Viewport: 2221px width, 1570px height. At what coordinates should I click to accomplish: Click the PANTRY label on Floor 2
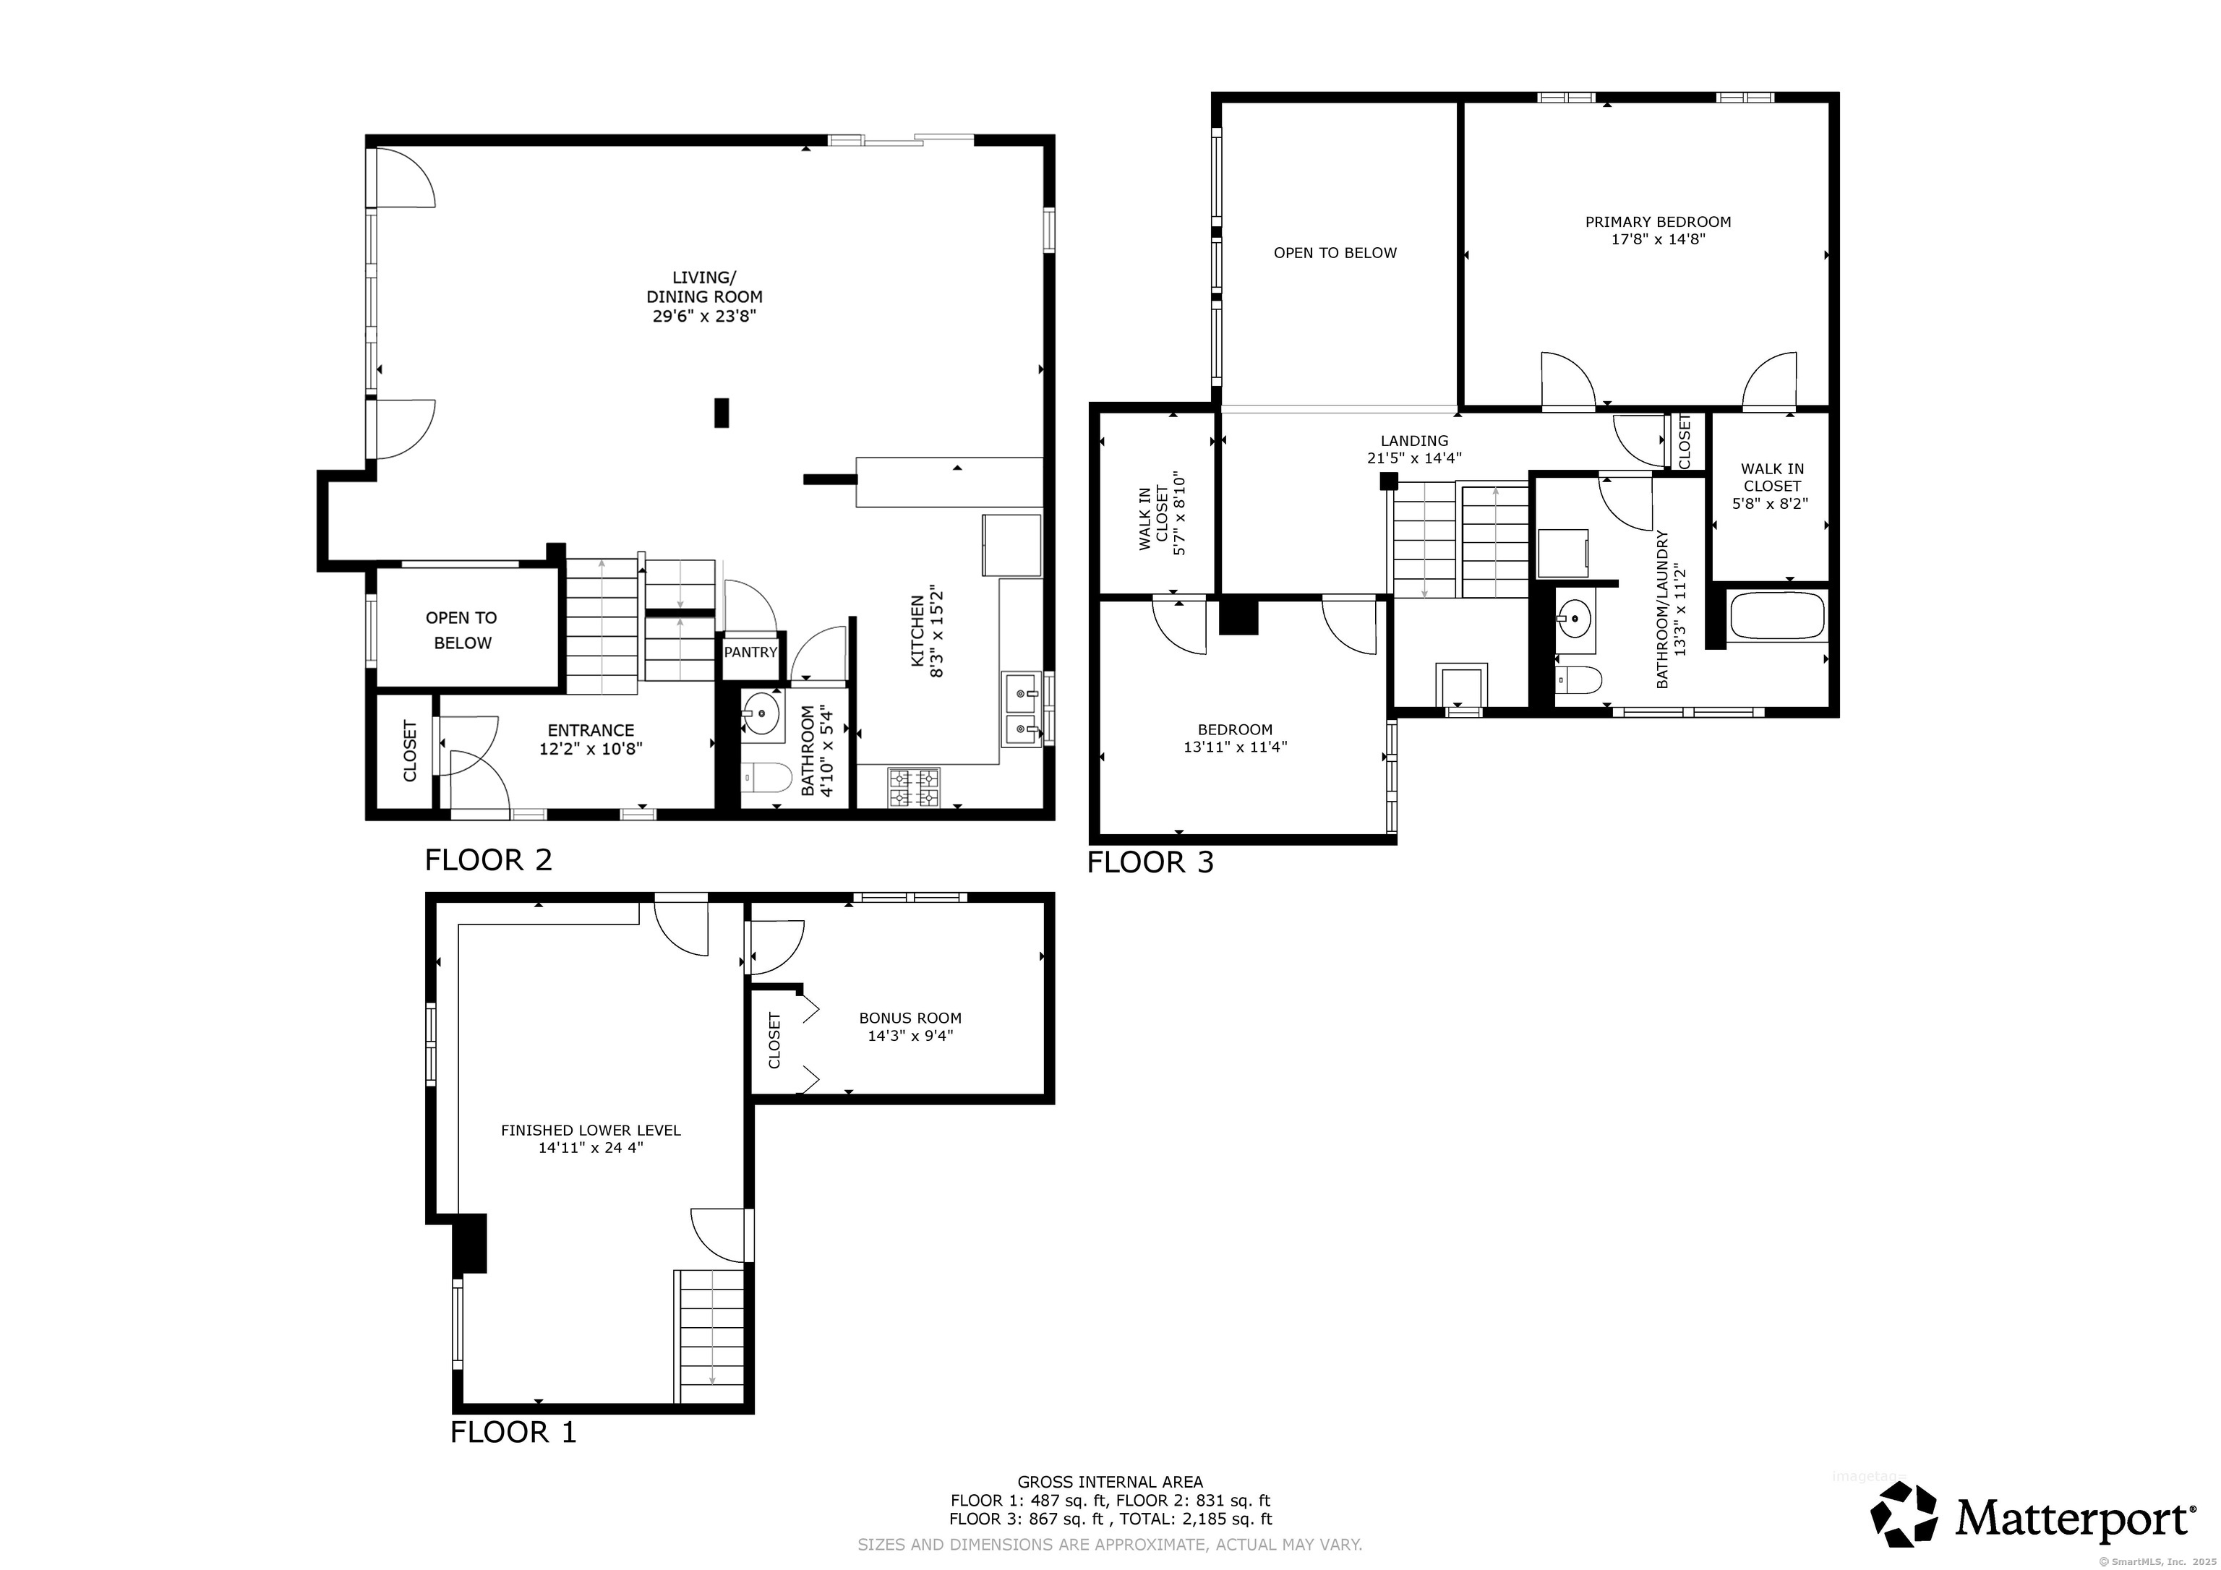click(750, 652)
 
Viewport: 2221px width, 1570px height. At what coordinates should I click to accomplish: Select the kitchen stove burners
click(913, 786)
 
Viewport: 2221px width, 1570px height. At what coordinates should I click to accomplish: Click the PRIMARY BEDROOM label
click(1658, 221)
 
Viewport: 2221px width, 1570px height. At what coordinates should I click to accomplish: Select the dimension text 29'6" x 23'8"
click(703, 315)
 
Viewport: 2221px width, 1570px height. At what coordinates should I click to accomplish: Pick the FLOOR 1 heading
click(513, 1432)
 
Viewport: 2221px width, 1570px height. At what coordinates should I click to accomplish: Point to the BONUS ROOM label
click(910, 1018)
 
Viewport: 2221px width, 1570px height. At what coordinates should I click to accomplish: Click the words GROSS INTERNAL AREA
click(1110, 1481)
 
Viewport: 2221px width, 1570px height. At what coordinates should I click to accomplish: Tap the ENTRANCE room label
click(591, 730)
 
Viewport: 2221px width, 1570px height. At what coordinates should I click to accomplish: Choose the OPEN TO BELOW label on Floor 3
click(1335, 252)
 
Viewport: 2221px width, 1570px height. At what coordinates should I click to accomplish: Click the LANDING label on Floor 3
click(1414, 440)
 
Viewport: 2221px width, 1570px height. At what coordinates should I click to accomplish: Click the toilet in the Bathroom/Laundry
click(1576, 680)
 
